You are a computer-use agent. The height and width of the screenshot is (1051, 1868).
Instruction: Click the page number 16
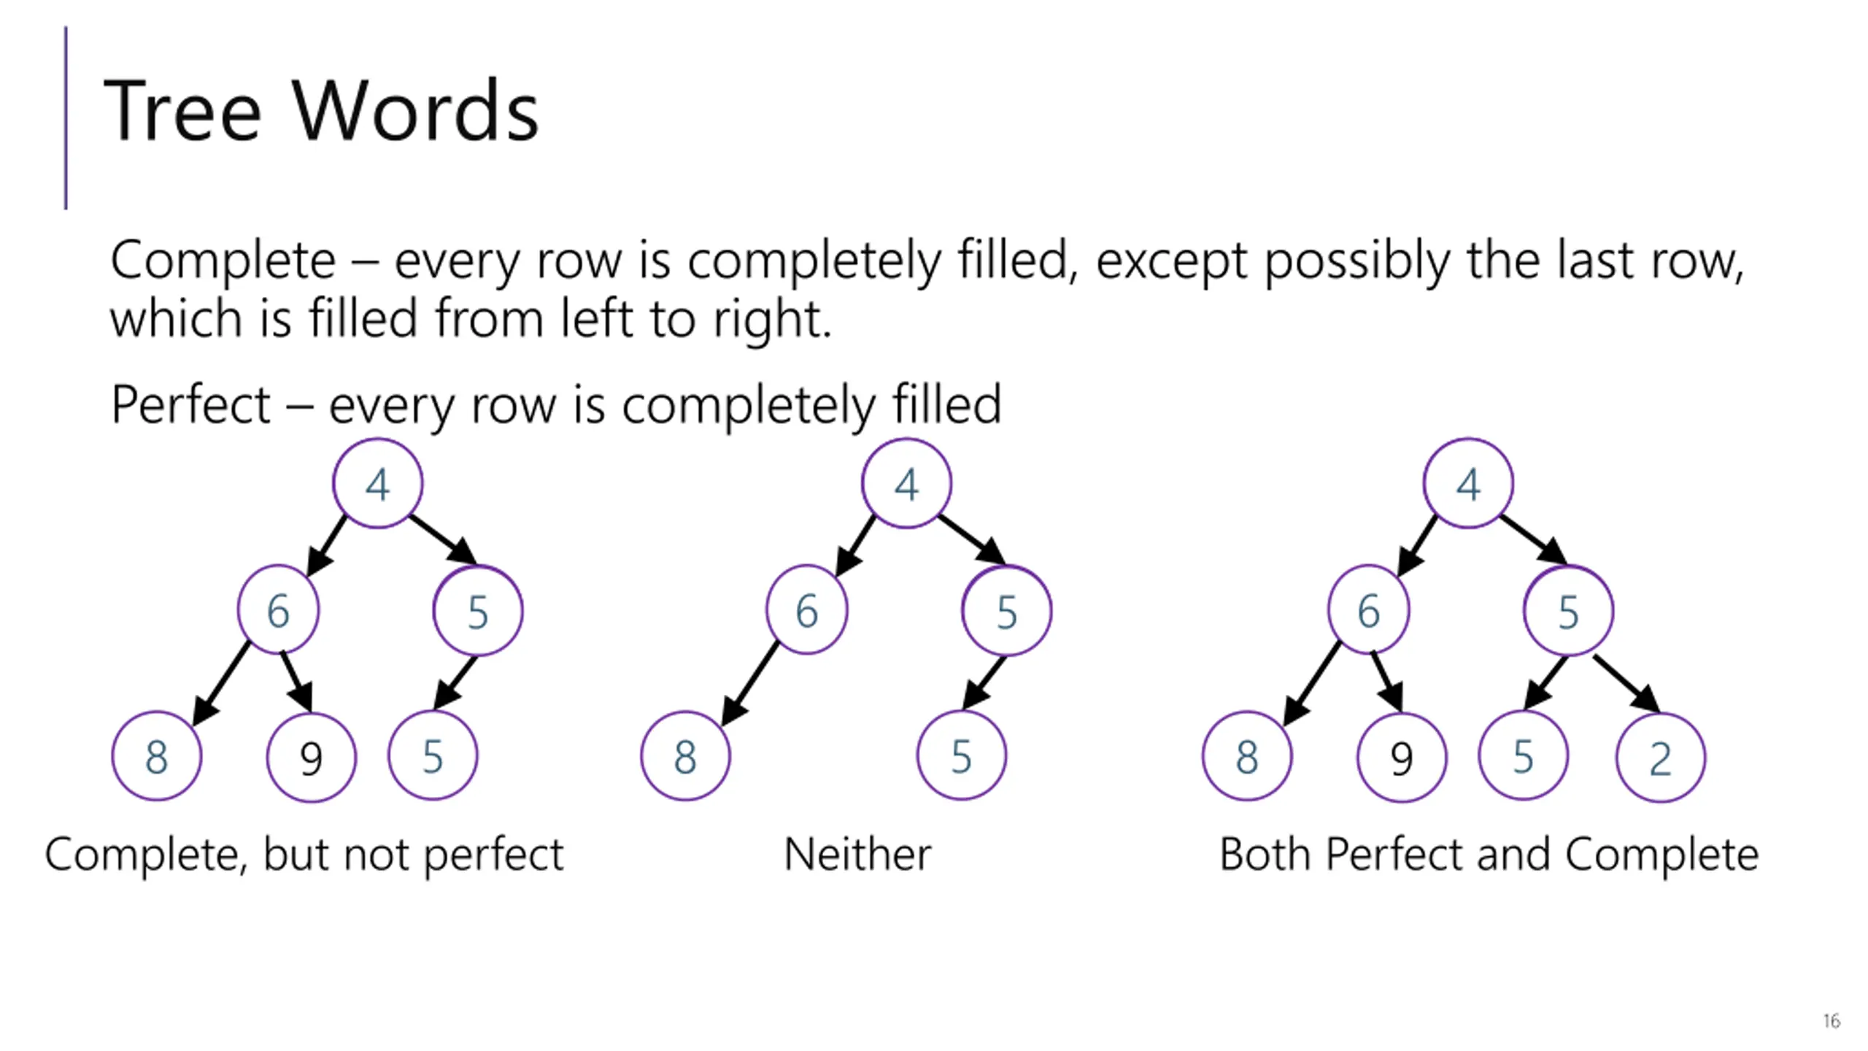tap(1831, 1020)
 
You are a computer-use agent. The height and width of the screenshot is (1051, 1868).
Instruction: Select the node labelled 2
tap(1660, 758)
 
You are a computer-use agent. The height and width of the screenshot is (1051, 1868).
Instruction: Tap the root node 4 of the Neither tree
tap(906, 483)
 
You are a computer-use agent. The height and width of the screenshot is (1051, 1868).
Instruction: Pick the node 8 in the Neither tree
tap(685, 756)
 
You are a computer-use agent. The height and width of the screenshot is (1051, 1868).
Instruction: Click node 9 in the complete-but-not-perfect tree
tap(312, 758)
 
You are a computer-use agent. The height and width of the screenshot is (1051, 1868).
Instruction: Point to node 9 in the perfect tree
tap(1401, 758)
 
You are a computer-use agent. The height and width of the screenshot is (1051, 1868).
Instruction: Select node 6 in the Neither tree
tap(806, 610)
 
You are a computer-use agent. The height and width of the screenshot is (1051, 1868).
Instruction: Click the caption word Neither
tap(857, 854)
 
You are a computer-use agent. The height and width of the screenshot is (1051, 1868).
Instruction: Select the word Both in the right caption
tap(1265, 854)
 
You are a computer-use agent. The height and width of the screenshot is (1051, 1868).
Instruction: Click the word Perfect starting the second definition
tap(190, 404)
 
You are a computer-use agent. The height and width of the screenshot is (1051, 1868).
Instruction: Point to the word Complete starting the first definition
tap(223, 261)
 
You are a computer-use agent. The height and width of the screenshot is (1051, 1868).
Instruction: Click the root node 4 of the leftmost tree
tap(377, 483)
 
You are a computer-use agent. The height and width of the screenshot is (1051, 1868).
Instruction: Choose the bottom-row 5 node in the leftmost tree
tap(433, 756)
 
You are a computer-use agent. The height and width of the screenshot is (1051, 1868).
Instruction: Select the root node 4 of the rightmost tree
tap(1468, 483)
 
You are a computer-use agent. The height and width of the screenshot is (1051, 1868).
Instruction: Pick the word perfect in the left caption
tap(493, 854)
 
